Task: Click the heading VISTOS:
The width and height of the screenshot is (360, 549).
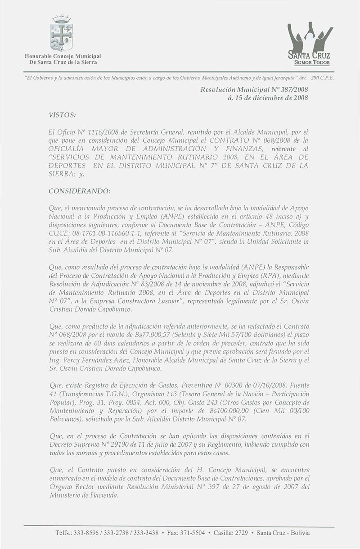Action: pyautogui.click(x=63, y=115)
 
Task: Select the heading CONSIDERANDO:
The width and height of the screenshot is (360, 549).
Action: pyautogui.click(x=79, y=191)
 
